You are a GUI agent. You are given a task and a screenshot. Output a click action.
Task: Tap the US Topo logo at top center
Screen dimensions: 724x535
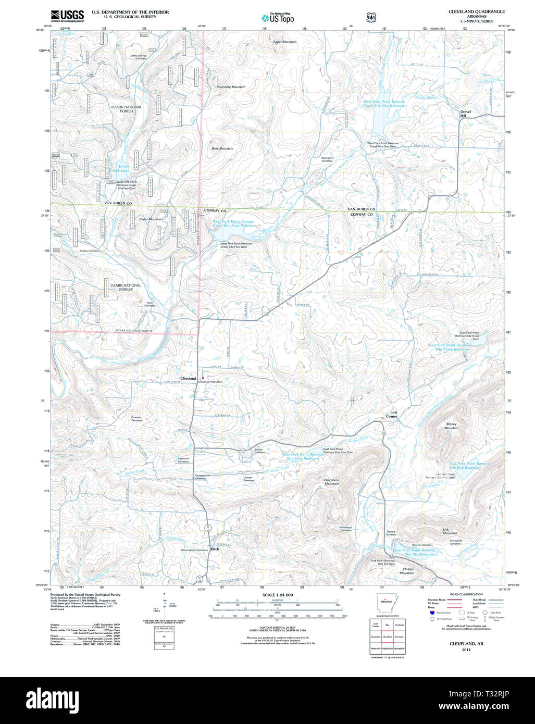(x=278, y=18)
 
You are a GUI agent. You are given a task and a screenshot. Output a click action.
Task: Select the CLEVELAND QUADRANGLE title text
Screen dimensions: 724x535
(x=476, y=11)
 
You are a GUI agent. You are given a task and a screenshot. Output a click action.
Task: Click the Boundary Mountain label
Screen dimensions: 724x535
(x=231, y=87)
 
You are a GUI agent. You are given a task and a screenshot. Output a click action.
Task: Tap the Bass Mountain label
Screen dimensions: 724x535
(x=222, y=148)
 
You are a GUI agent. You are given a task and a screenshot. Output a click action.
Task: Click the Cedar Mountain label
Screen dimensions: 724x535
(x=151, y=219)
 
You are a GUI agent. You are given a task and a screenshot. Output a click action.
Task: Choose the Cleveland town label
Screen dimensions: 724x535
(x=188, y=378)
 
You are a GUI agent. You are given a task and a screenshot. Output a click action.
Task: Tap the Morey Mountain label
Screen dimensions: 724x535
(x=451, y=426)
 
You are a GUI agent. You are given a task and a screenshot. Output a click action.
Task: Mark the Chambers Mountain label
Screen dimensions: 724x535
(x=331, y=482)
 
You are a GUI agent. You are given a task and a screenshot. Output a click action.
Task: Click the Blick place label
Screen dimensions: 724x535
(x=215, y=549)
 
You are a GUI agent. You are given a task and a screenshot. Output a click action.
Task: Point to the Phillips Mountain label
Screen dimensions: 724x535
(x=407, y=571)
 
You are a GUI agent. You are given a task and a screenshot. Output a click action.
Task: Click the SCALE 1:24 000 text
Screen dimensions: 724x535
(x=278, y=595)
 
